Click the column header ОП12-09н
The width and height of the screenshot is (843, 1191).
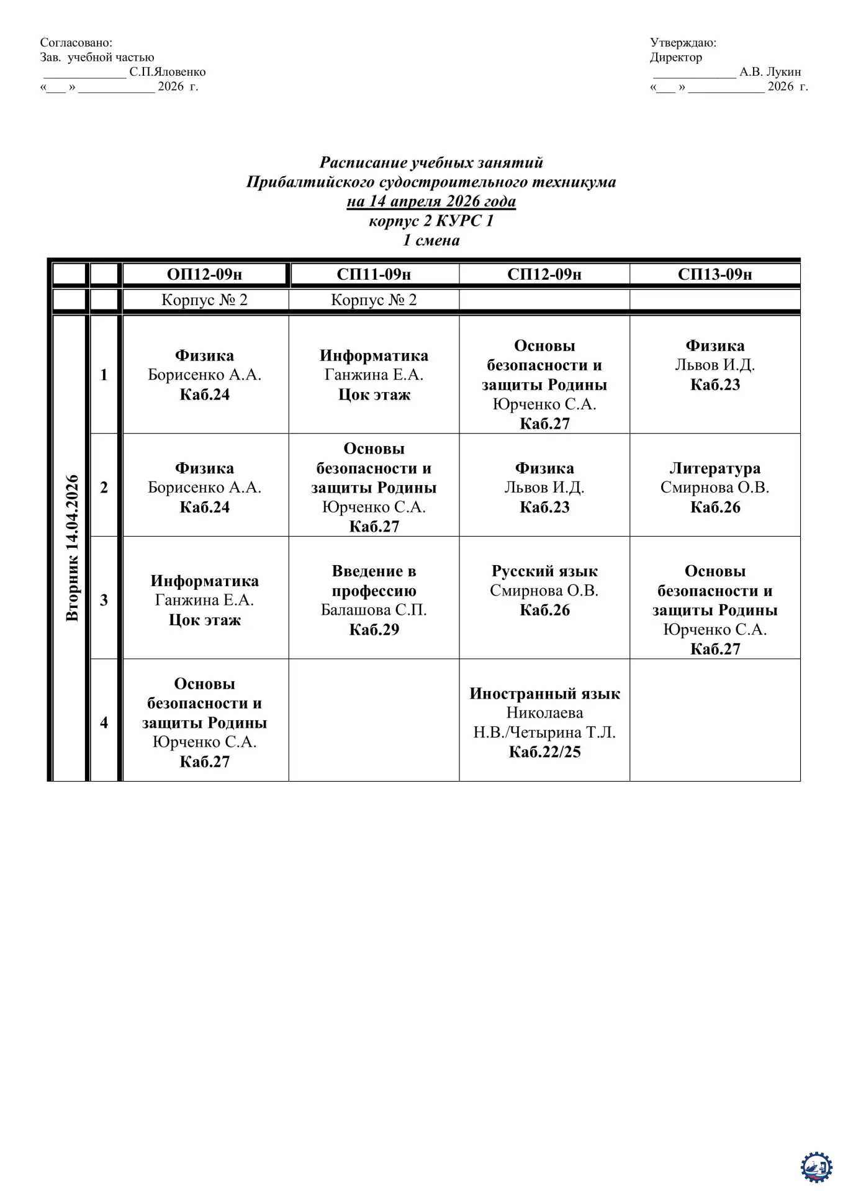(204, 274)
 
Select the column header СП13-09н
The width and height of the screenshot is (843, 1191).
(715, 274)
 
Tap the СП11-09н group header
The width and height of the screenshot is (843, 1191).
(374, 274)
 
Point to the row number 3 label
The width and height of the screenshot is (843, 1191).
(104, 600)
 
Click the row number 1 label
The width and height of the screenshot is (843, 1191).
(104, 375)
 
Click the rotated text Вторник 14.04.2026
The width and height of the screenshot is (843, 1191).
(72, 548)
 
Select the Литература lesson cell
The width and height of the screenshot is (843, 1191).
(715, 487)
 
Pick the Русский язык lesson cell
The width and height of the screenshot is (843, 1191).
(544, 590)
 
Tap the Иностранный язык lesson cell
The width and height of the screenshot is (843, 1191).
(544, 722)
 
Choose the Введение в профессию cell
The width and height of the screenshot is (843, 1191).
(374, 599)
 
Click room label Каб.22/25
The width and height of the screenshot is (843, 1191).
(544, 752)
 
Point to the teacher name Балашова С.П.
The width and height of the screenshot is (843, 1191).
(374, 610)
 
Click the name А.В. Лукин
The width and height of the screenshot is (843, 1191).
(770, 72)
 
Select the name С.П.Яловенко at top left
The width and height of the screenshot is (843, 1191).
(167, 72)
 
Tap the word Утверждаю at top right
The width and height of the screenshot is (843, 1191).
(683, 43)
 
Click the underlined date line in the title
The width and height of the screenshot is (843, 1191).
(431, 201)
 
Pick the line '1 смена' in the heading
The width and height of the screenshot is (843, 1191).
(431, 240)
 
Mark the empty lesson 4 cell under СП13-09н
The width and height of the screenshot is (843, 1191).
(715, 720)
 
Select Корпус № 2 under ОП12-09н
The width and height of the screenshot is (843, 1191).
(204, 300)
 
